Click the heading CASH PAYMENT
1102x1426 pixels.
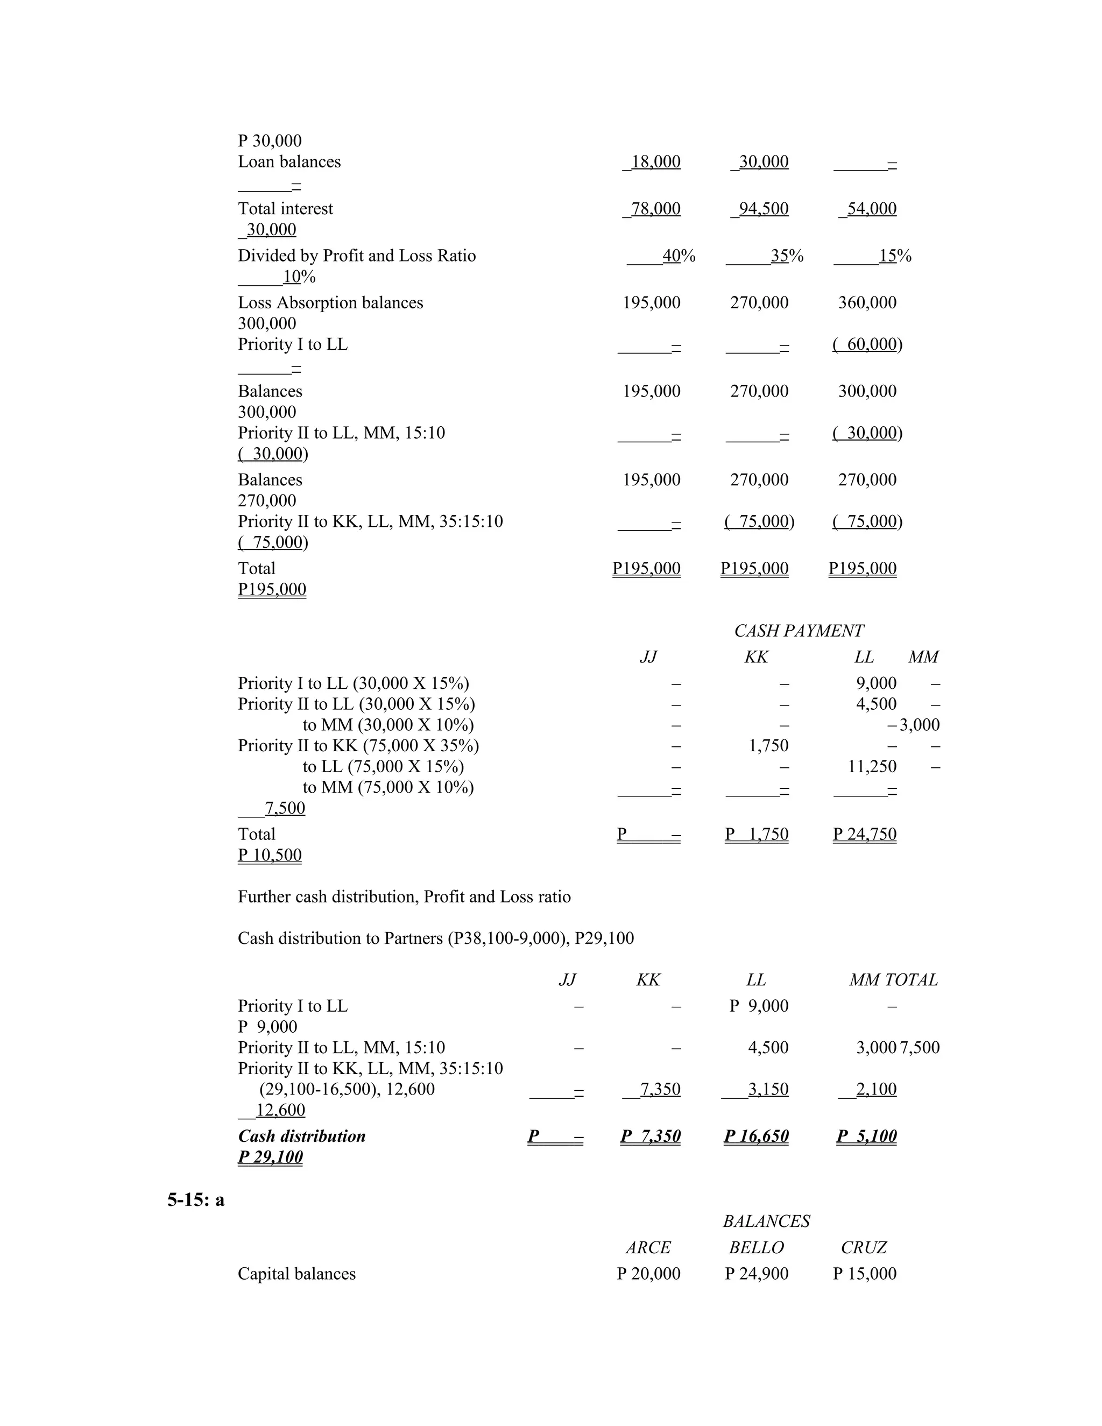[x=798, y=631]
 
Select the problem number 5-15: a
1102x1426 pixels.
[x=195, y=1199]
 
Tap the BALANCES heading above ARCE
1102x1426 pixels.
[x=766, y=1221]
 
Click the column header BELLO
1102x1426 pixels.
[x=756, y=1247]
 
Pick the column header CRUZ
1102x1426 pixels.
[x=863, y=1247]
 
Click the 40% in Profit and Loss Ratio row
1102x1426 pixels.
[x=679, y=256]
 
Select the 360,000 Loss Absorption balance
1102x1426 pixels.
[x=867, y=303]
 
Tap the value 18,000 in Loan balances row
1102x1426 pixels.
[x=655, y=162]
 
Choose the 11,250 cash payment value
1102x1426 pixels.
[x=872, y=766]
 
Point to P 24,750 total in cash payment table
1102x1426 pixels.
[x=864, y=835]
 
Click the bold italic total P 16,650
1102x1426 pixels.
[x=756, y=1136]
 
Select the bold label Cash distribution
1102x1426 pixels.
[x=302, y=1136]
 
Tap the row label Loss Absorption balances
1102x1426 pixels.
[x=330, y=303]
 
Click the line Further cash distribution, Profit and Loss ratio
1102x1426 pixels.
[x=404, y=897]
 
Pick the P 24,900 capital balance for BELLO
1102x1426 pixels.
[x=756, y=1273]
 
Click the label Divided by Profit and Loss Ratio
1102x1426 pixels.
[x=356, y=256]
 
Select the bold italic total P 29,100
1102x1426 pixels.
[x=270, y=1157]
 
